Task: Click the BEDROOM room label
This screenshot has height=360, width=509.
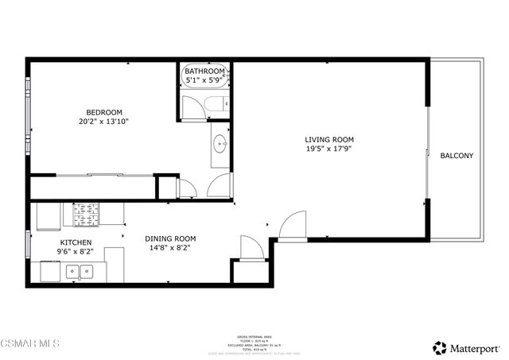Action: click(x=104, y=111)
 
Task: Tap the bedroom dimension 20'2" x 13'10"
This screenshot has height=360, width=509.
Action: click(x=104, y=122)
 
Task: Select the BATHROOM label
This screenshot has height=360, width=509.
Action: click(x=205, y=72)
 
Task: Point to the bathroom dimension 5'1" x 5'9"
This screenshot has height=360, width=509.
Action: click(x=205, y=80)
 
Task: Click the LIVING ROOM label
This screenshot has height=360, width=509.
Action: click(x=329, y=140)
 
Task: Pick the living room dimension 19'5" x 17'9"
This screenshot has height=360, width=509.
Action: click(x=329, y=149)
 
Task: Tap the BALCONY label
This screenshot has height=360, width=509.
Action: click(x=457, y=156)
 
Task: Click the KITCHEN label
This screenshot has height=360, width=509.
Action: click(x=76, y=242)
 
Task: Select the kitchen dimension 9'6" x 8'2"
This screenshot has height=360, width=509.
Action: click(x=76, y=252)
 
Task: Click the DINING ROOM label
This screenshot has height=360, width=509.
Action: click(x=170, y=238)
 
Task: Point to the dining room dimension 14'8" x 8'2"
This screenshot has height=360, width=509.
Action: click(x=170, y=248)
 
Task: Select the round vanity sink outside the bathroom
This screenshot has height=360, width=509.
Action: click(x=220, y=145)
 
